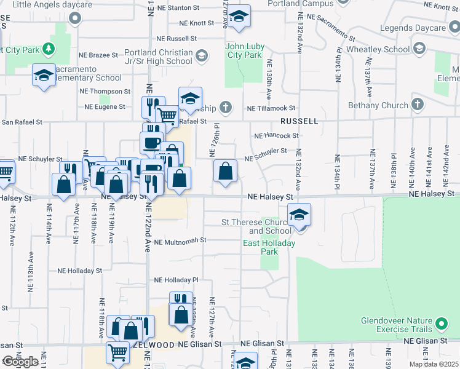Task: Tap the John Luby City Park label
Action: (x=244, y=50)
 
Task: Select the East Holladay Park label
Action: (x=269, y=247)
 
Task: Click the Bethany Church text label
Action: (x=378, y=105)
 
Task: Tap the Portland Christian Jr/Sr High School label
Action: (x=158, y=57)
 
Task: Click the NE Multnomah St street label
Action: (x=179, y=242)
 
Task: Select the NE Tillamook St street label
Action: (x=271, y=108)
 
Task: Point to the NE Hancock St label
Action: (x=276, y=135)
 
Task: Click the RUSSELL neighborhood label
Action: (x=299, y=121)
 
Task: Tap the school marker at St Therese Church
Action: (x=298, y=215)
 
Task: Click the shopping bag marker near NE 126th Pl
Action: (x=226, y=172)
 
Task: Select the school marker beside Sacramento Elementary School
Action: (x=44, y=76)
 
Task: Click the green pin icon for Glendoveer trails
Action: (x=441, y=323)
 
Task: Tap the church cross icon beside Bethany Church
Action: (x=418, y=105)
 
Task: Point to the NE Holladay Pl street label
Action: (x=177, y=280)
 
